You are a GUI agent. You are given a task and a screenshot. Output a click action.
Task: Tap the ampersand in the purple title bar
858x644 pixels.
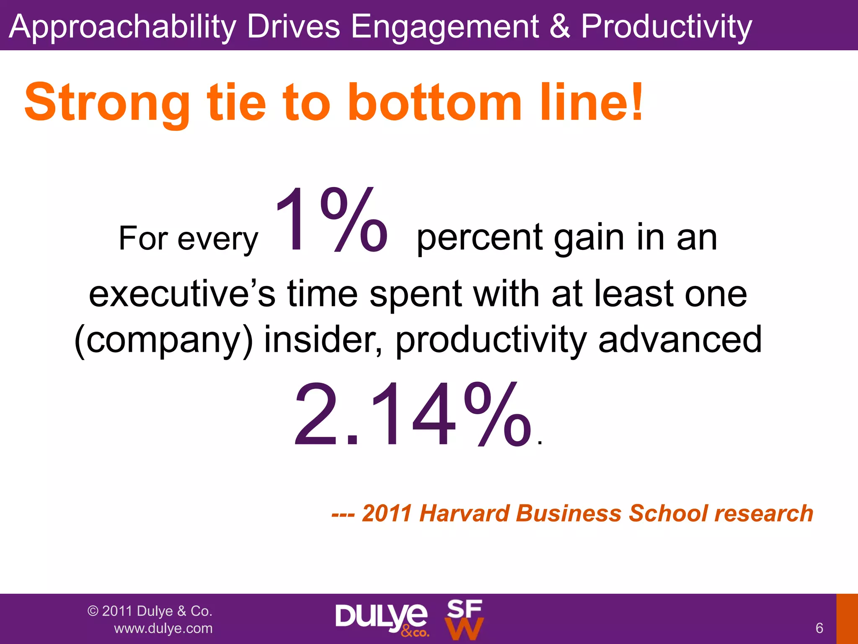559,26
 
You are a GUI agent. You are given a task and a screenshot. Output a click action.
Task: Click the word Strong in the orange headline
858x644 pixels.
107,103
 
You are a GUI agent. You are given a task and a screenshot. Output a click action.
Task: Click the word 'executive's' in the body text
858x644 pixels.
182,293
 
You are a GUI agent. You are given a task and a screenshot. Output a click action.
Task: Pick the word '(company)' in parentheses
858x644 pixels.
164,340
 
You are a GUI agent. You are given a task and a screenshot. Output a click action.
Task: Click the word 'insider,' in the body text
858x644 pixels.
323,340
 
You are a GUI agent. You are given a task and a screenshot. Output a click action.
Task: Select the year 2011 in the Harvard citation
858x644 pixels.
387,513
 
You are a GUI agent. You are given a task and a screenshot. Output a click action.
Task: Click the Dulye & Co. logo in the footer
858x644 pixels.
382,619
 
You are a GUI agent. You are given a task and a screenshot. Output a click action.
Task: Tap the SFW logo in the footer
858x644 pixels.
464,619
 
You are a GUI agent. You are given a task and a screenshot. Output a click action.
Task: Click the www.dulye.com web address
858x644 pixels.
163,628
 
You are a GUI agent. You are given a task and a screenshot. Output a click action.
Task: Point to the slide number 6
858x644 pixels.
819,628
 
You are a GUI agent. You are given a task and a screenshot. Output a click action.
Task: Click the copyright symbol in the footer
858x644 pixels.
93,611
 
